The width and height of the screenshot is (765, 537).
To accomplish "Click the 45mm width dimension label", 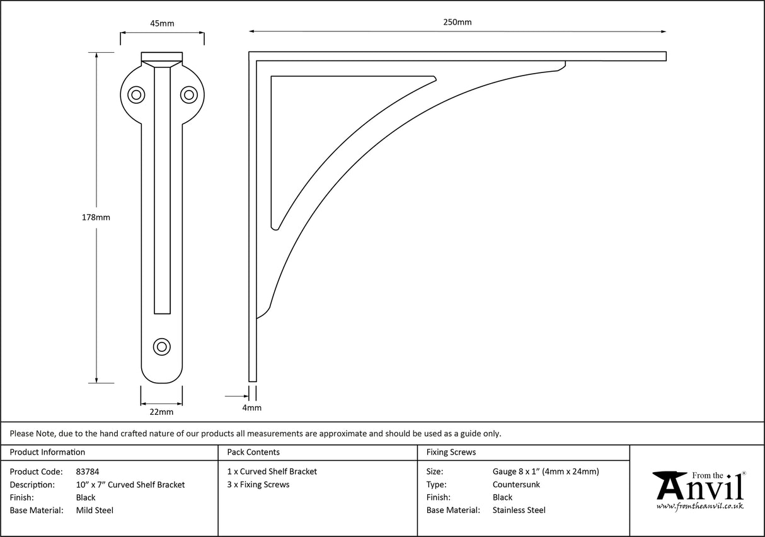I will coord(162,24).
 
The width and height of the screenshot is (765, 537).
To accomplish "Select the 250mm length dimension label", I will coord(457,22).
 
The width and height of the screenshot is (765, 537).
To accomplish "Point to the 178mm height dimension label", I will coord(96,218).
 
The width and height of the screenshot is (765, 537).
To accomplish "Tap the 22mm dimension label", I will coord(161,412).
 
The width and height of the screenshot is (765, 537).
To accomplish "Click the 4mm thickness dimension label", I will coord(252,408).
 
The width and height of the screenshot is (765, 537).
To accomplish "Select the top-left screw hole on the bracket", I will coord(135,95).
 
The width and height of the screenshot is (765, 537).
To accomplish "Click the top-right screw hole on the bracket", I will coord(188,95).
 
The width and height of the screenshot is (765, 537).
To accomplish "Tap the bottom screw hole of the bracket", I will coord(162,346).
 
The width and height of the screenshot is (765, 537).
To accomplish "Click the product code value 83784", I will coord(87,472).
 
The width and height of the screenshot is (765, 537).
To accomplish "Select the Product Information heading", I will coord(47,452).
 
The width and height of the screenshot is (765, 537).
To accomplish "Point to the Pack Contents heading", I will coord(253,452).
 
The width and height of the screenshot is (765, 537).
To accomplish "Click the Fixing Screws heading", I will coord(451,452).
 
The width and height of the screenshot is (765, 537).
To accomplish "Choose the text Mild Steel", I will coord(95,511).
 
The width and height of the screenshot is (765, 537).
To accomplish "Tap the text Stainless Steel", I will coord(519,511).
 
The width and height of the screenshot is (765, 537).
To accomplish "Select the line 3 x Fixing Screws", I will coord(258,485).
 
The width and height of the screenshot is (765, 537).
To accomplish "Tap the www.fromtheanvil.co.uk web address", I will coord(699,506).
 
